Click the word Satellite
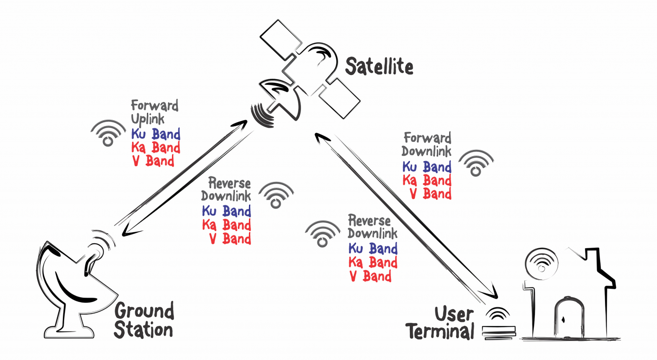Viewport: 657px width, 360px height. pos(379,67)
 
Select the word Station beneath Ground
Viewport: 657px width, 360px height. pos(143,330)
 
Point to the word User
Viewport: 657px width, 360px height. pos(454,314)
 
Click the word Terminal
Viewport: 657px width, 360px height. pos(440,331)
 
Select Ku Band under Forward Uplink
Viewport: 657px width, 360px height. pos(156,134)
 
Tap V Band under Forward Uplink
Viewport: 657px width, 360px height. pos(153,161)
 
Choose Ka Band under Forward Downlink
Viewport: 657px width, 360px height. pos(427,180)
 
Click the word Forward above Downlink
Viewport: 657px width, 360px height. pos(427,138)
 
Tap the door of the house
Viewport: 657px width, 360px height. pos(569,318)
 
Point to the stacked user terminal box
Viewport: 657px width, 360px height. pos(499,332)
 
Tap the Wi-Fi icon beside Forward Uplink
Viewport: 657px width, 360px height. pos(108,133)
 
